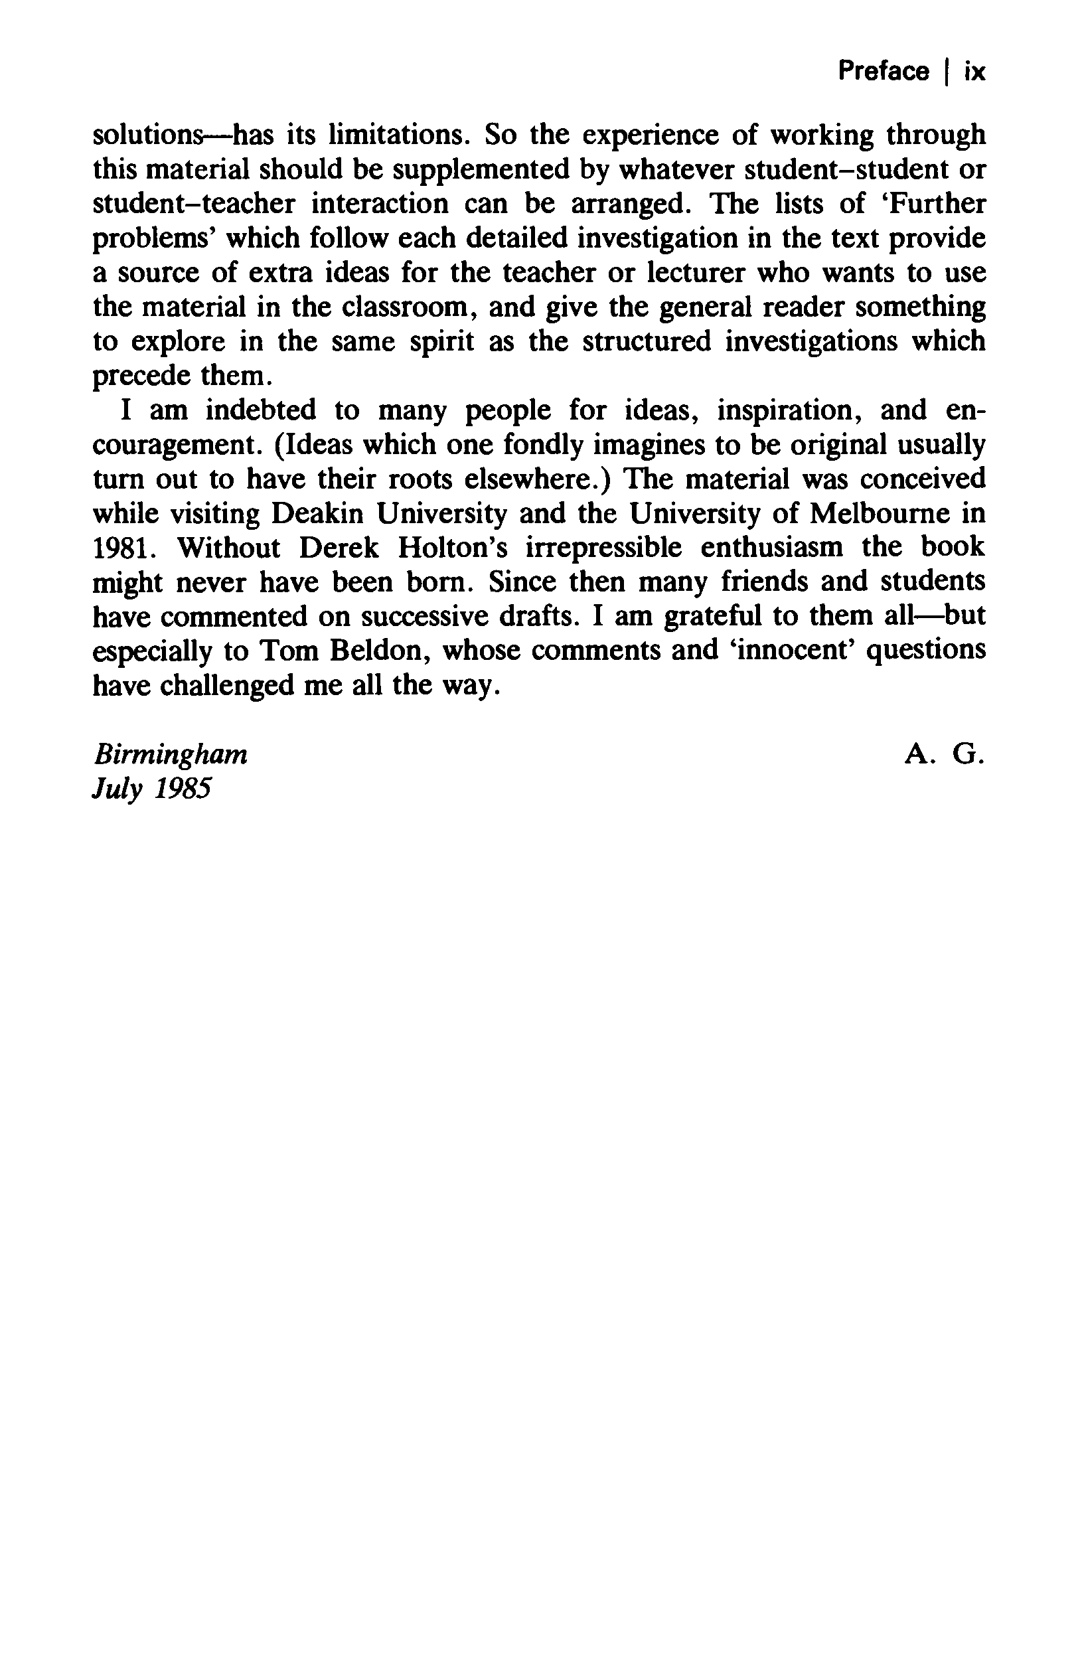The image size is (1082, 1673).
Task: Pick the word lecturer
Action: tap(695, 273)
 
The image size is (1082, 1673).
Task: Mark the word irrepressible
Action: tap(604, 548)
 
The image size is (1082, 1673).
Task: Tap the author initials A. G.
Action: tap(945, 755)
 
